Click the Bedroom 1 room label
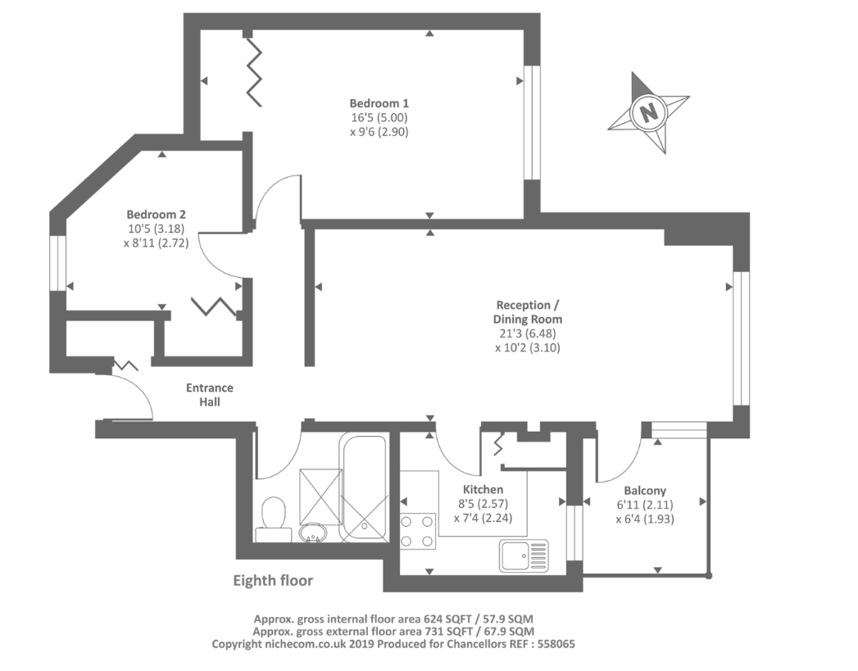379,103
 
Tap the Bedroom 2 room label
156,215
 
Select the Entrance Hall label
210,395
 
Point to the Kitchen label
483,489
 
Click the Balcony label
645,491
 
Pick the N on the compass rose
649,113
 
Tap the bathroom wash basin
313,533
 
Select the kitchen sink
524,555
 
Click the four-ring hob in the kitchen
418,531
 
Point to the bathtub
363,487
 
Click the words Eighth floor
273,580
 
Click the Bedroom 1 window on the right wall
532,123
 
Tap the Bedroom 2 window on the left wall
57,263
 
